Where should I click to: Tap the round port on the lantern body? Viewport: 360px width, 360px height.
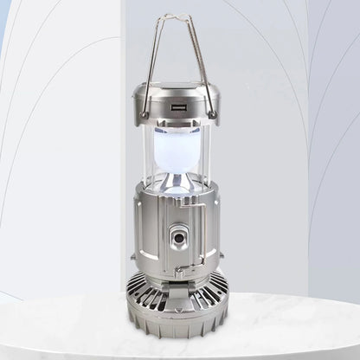pyautogui.click(x=178, y=238)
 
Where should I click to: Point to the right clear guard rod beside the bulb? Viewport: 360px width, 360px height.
pyautogui.click(x=209, y=151)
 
